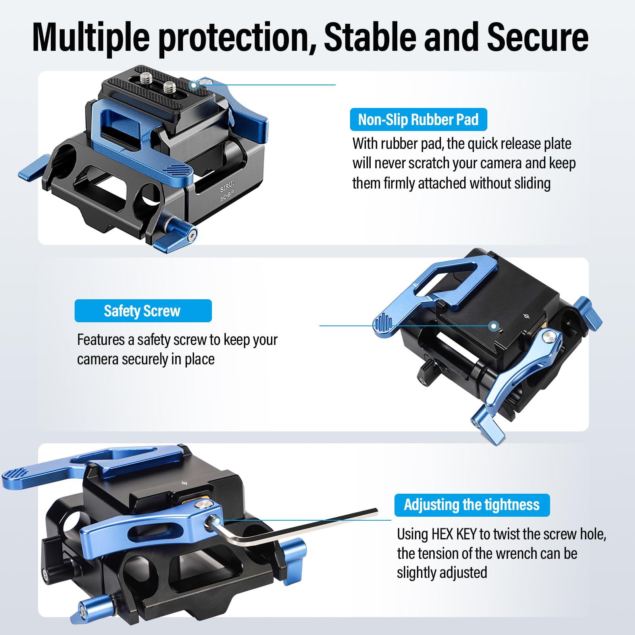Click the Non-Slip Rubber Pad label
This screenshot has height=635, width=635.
tap(418, 120)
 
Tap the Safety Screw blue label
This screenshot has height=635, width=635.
tap(142, 311)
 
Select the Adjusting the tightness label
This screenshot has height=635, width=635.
tap(471, 505)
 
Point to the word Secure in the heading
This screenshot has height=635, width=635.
tap(537, 37)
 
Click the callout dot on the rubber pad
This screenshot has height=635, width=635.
tap(194, 85)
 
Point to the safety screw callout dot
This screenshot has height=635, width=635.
tap(494, 326)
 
